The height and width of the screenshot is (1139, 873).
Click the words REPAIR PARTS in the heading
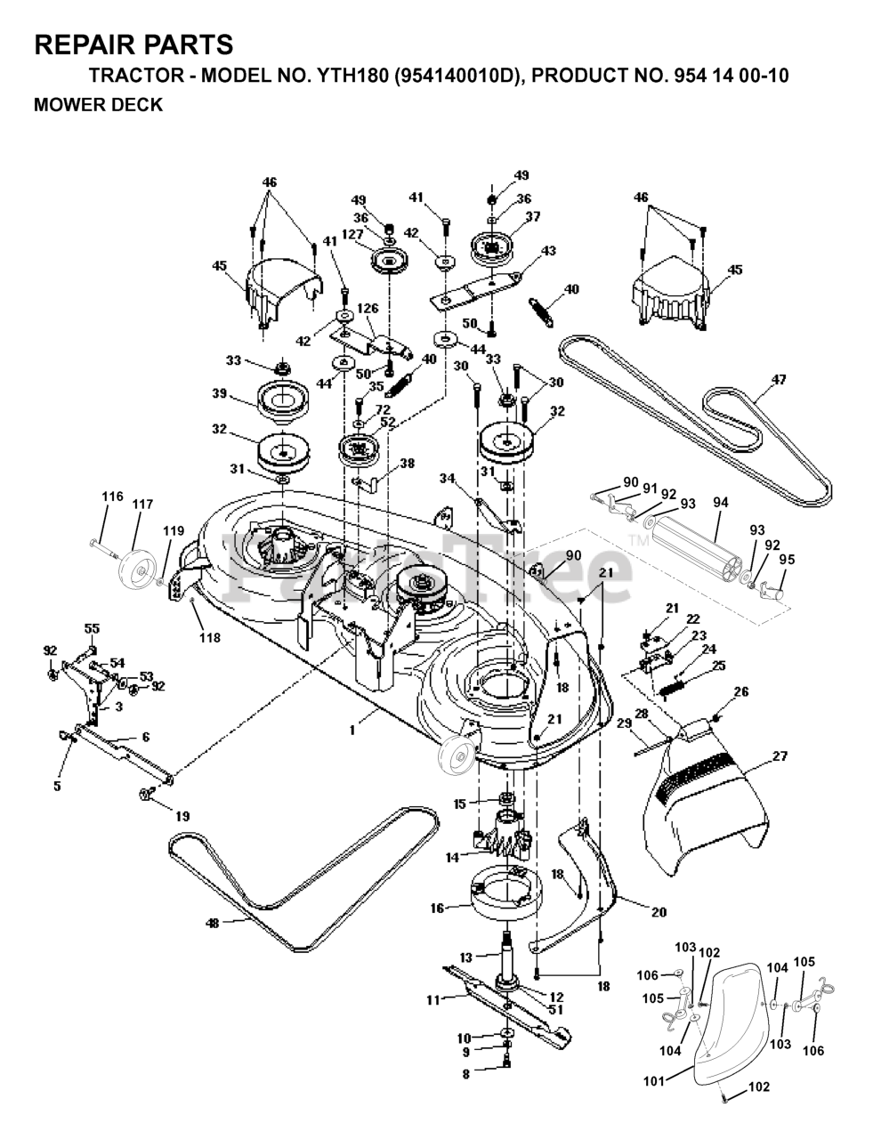(133, 44)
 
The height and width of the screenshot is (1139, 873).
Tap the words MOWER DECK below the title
(98, 105)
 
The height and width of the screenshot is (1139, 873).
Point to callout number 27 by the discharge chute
(780, 756)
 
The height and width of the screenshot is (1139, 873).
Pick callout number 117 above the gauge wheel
(141, 504)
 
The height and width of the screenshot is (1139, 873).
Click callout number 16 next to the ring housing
(437, 908)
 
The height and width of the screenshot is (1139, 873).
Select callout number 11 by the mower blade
(433, 1000)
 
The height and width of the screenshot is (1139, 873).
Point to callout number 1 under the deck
(352, 730)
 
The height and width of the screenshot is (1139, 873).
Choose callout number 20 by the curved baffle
(659, 911)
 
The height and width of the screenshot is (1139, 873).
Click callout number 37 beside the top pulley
(533, 216)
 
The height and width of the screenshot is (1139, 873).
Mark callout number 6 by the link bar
(146, 738)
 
